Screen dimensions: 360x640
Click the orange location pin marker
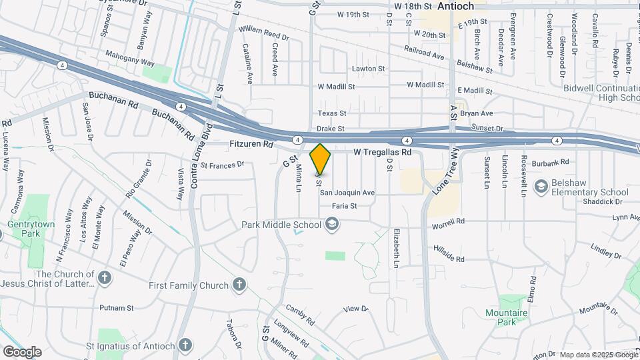click(321, 160)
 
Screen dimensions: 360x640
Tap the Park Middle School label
click(283, 225)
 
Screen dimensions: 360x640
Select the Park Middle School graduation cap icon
click(331, 225)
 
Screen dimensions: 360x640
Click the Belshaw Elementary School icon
click(541, 185)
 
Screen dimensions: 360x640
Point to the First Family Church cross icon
click(239, 285)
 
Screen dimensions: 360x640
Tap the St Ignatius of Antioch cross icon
click(186, 345)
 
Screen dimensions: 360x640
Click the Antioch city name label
click(455, 6)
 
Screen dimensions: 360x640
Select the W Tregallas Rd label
click(383, 152)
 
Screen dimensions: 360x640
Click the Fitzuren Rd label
click(251, 143)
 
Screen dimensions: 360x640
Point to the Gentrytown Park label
click(29, 230)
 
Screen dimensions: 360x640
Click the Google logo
click(21, 351)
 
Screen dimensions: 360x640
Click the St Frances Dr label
click(223, 163)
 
